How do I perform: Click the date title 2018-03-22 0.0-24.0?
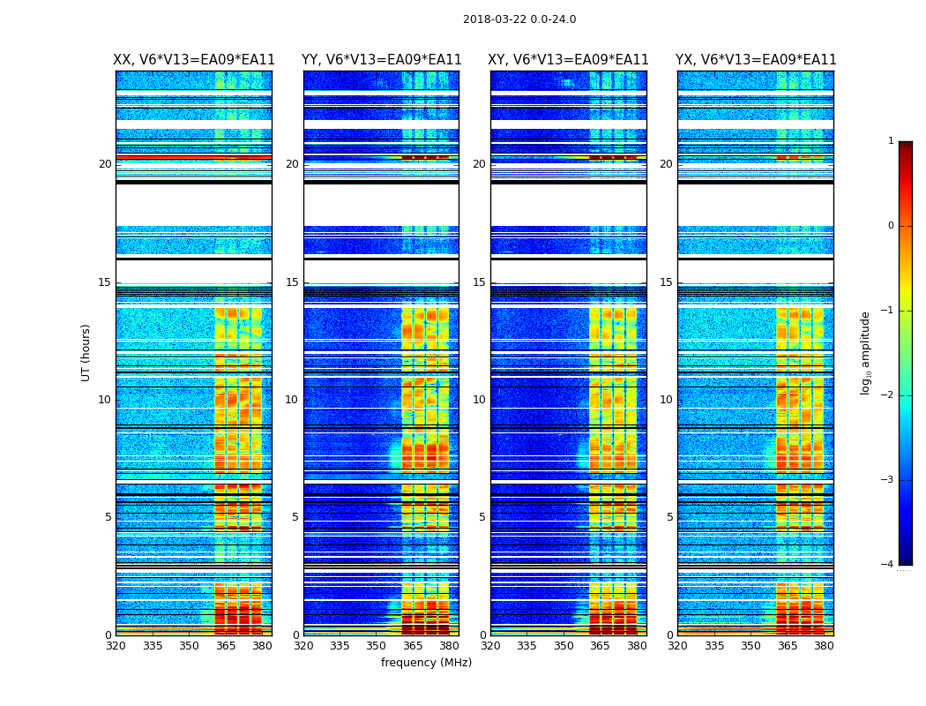point(519,19)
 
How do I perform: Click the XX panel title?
point(194,60)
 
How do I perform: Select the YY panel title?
point(381,60)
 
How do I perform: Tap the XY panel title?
point(569,60)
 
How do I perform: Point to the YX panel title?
point(756,60)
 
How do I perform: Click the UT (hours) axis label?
point(86,352)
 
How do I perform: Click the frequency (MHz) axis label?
point(426,663)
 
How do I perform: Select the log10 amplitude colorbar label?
point(866,352)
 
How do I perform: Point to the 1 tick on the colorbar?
point(891,141)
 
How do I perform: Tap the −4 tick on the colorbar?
point(888,565)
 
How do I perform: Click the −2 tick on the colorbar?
point(888,395)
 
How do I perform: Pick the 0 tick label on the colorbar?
point(891,226)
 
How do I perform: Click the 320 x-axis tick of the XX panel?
point(116,646)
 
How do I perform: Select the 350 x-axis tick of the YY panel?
point(377,646)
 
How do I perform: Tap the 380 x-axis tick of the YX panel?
point(824,646)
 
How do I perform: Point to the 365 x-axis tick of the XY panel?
point(600,646)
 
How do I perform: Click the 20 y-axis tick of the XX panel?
point(105,164)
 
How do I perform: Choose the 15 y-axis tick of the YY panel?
point(292,282)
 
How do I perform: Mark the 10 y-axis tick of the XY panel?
point(479,400)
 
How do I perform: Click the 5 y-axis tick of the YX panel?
point(669,517)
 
